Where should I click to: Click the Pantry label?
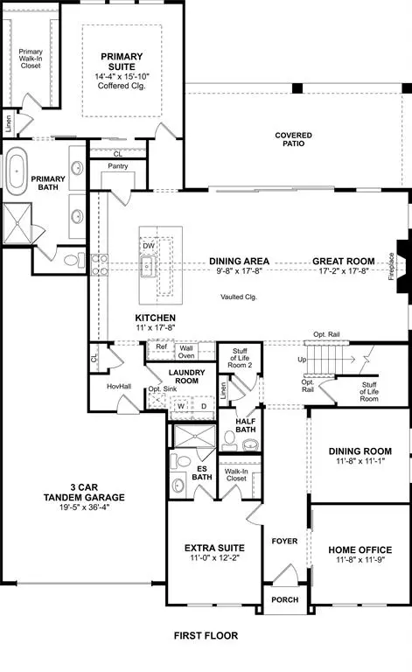pyautogui.click(x=118, y=165)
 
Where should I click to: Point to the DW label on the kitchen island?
pyautogui.click(x=149, y=246)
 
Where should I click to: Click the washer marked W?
pyautogui.click(x=181, y=405)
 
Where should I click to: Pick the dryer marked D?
pyautogui.click(x=205, y=405)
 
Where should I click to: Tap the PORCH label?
pyautogui.click(x=285, y=599)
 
